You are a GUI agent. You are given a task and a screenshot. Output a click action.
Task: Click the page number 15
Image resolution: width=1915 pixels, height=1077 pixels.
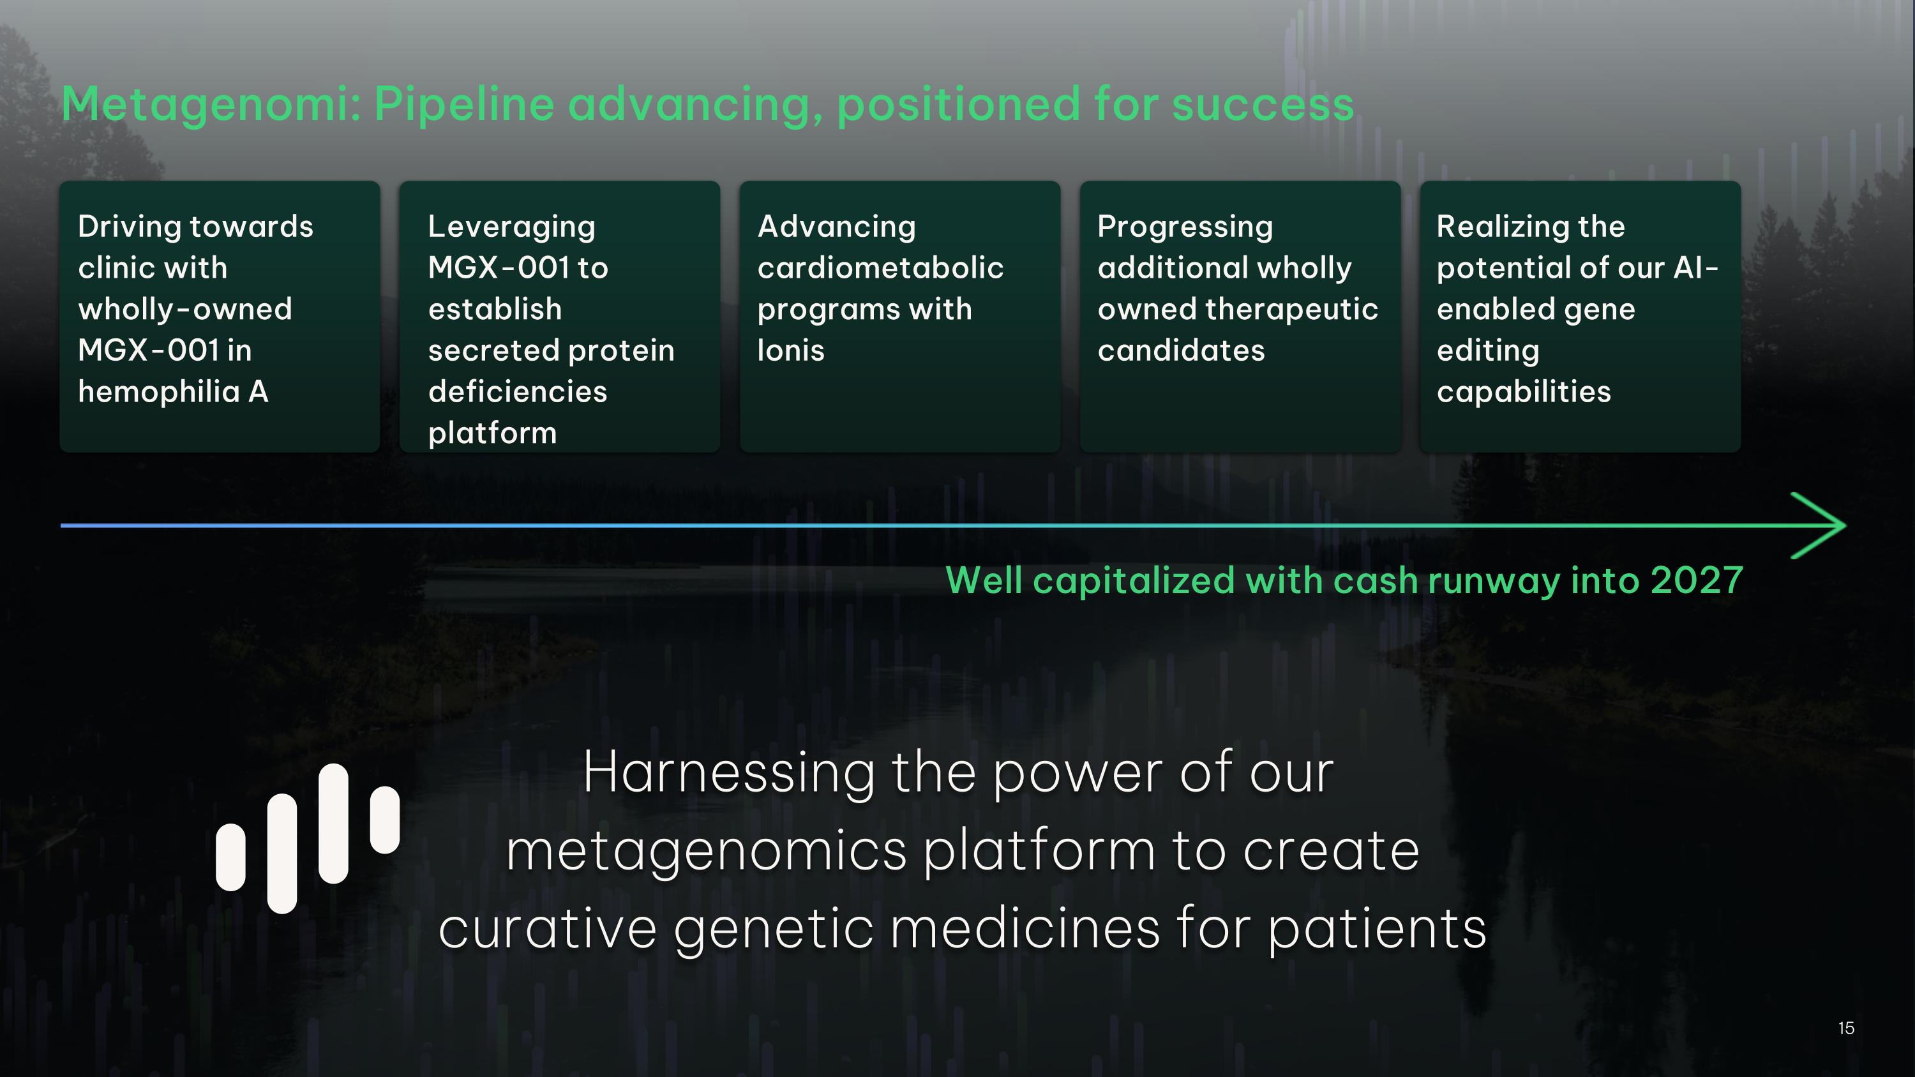point(1846,1028)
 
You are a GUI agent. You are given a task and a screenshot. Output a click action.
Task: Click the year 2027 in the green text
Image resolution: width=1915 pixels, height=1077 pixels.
point(1697,580)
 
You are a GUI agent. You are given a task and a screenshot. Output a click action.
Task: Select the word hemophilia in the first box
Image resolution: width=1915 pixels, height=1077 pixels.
point(158,392)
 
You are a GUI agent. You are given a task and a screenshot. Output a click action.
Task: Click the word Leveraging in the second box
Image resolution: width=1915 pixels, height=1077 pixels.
point(511,227)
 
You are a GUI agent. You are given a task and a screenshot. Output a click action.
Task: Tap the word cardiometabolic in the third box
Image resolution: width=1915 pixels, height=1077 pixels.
point(880,267)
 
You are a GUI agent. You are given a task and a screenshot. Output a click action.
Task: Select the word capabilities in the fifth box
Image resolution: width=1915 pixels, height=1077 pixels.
point(1523,392)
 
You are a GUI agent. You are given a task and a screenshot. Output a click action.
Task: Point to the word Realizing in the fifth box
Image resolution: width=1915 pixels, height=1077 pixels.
point(1489,227)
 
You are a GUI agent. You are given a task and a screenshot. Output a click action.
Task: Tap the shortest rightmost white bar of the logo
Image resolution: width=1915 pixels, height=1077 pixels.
point(384,820)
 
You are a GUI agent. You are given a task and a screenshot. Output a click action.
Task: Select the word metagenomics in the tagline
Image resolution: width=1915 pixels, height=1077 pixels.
point(706,850)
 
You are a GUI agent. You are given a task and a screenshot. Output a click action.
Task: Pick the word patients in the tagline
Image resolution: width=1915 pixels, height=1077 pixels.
point(1377,929)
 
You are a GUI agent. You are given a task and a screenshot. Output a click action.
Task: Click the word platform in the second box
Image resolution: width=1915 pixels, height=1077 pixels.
point(492,433)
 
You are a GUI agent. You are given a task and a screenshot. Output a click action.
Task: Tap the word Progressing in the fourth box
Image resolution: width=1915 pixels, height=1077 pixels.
point(1185,227)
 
